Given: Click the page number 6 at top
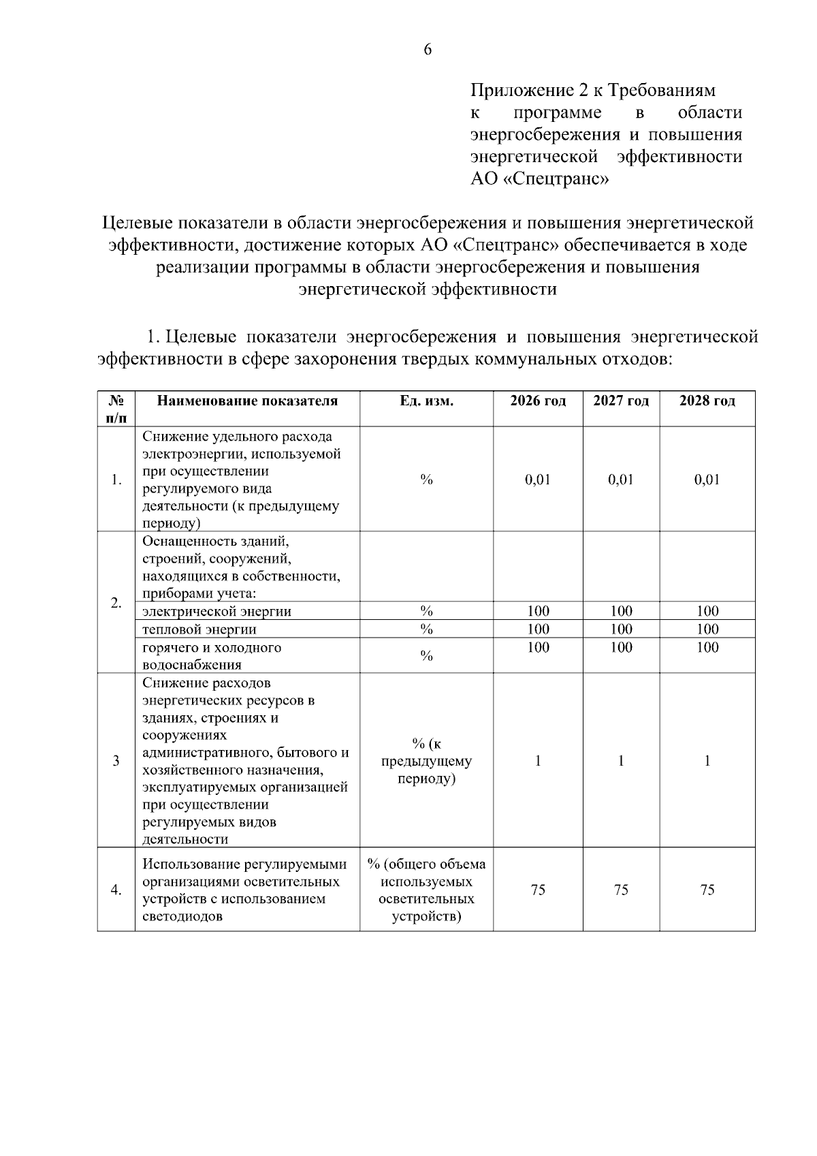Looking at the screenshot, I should [x=428, y=50].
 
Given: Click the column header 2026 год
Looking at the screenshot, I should [x=538, y=401].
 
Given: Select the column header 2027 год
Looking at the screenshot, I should [x=621, y=401].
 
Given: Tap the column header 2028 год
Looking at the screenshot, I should [x=707, y=401].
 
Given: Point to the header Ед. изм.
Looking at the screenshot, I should [x=426, y=401].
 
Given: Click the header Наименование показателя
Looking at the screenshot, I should [x=247, y=401].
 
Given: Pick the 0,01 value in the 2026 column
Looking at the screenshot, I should [x=538, y=480].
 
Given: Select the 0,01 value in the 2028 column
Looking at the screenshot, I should [x=707, y=480].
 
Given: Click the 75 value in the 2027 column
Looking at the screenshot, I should [x=621, y=890].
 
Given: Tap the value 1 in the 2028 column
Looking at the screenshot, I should [x=707, y=761].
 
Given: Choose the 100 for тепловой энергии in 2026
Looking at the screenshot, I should [x=538, y=629].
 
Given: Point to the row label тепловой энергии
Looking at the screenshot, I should [x=199, y=629].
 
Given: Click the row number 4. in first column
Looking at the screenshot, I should [x=116, y=890].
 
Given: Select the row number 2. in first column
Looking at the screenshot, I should [x=116, y=603].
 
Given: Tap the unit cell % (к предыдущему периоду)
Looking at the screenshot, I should [x=426, y=761].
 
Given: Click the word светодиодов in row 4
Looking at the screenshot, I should [x=182, y=916].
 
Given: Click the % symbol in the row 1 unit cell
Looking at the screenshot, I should [x=426, y=480].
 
